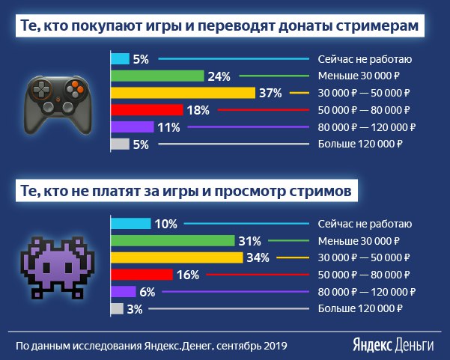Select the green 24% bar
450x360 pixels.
coord(156,76)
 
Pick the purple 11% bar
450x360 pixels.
coord(132,127)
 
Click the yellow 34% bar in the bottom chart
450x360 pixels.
coord(176,257)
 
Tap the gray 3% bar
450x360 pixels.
coord(117,308)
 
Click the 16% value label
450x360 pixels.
coord(189,275)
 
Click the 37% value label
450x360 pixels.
coord(270,93)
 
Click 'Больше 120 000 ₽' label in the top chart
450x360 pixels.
coord(361,144)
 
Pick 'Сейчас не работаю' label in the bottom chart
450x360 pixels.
coord(364,224)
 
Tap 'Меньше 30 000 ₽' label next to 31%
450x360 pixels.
coord(359,241)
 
